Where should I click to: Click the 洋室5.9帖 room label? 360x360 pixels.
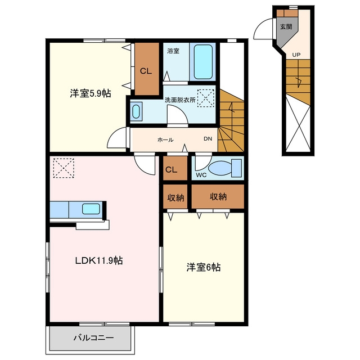pyautogui.click(x=91, y=93)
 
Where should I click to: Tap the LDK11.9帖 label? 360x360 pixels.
pyautogui.click(x=99, y=260)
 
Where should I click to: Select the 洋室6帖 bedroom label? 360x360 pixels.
pyautogui.click(x=204, y=267)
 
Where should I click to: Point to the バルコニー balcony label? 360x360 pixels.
pyautogui.click(x=94, y=337)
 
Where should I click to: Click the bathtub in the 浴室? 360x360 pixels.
pyautogui.click(x=203, y=62)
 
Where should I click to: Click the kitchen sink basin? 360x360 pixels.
pyautogui.click(x=91, y=209)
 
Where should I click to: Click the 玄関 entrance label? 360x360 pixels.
pyautogui.click(x=286, y=26)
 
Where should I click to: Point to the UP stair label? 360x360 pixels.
pyautogui.click(x=296, y=55)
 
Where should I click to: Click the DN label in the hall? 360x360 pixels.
pyautogui.click(x=208, y=139)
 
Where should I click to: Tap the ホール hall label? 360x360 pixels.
pyautogui.click(x=165, y=139)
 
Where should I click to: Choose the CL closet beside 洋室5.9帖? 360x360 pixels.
pyautogui.click(x=147, y=69)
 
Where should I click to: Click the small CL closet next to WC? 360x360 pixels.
pyautogui.click(x=175, y=168)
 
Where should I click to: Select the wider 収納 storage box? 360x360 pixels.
pyautogui.click(x=218, y=196)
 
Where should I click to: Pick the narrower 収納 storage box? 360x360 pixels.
pyautogui.click(x=175, y=196)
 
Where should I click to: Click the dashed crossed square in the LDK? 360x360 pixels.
pyautogui.click(x=64, y=168)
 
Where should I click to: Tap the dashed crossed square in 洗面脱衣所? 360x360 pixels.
pyautogui.click(x=206, y=98)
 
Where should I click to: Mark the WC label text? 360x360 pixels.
pyautogui.click(x=201, y=175)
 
